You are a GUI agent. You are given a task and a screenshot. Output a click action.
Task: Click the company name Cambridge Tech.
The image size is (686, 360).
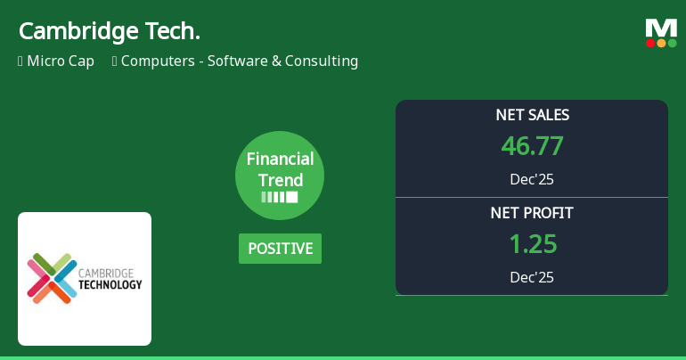point(109,31)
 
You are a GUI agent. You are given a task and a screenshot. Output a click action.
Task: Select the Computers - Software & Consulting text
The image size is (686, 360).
point(239,61)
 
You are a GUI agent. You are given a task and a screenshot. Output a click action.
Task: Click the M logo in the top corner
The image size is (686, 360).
point(661,29)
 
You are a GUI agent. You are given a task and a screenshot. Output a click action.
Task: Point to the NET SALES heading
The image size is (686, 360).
point(532,115)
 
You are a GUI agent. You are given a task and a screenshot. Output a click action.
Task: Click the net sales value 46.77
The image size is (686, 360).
point(532,145)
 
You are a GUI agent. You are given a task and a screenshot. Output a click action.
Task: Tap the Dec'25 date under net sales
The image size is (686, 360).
point(532,179)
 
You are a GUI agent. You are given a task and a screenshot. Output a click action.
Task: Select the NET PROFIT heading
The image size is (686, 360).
point(532,213)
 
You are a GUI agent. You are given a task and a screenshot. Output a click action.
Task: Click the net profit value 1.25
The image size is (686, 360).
point(532,243)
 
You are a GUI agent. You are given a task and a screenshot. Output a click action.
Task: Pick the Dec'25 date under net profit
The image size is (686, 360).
point(532,277)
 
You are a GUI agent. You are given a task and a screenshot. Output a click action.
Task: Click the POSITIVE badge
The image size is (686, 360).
point(280,249)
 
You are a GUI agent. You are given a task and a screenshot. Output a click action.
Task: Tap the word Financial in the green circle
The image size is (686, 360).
point(280,160)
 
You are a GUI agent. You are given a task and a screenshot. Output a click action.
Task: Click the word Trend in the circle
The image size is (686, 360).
point(280,180)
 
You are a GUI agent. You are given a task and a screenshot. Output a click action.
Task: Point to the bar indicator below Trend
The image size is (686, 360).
point(280,197)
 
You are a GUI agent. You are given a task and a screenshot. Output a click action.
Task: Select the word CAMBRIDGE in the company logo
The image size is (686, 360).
point(106,273)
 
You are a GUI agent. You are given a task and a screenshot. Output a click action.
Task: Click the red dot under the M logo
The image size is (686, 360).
point(650,43)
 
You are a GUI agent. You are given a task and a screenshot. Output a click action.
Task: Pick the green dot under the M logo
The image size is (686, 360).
point(672,43)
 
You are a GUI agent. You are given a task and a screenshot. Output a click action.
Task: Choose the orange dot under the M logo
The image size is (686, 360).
point(661,43)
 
